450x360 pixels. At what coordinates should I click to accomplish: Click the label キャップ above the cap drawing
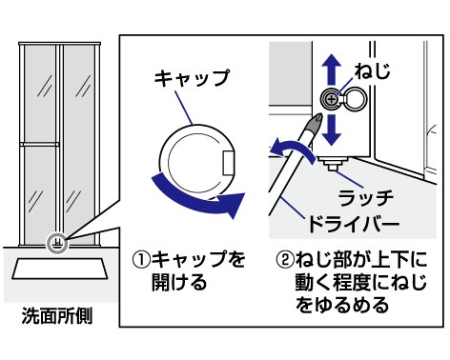(x=192, y=78)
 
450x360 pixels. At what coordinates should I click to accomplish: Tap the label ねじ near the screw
(x=373, y=70)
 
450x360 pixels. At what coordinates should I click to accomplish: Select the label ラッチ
(x=366, y=198)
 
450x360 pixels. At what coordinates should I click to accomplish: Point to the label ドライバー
(x=354, y=224)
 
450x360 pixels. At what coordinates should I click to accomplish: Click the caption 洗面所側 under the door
(x=56, y=315)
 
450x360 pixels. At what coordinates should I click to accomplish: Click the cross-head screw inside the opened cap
(x=332, y=100)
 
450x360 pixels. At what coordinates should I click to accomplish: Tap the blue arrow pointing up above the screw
(x=332, y=70)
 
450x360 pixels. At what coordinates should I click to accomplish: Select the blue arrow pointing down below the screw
(x=332, y=130)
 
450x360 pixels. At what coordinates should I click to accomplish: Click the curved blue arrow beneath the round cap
(x=197, y=199)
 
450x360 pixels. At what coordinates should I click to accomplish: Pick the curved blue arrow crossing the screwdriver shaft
(x=293, y=148)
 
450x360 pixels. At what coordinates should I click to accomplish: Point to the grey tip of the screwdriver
(x=315, y=124)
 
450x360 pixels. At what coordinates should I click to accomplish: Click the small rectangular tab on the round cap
(x=228, y=163)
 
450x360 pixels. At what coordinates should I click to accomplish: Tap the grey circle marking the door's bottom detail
(x=57, y=244)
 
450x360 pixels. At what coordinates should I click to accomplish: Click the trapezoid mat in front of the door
(x=61, y=270)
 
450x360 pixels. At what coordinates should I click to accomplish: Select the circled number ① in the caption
(x=142, y=260)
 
